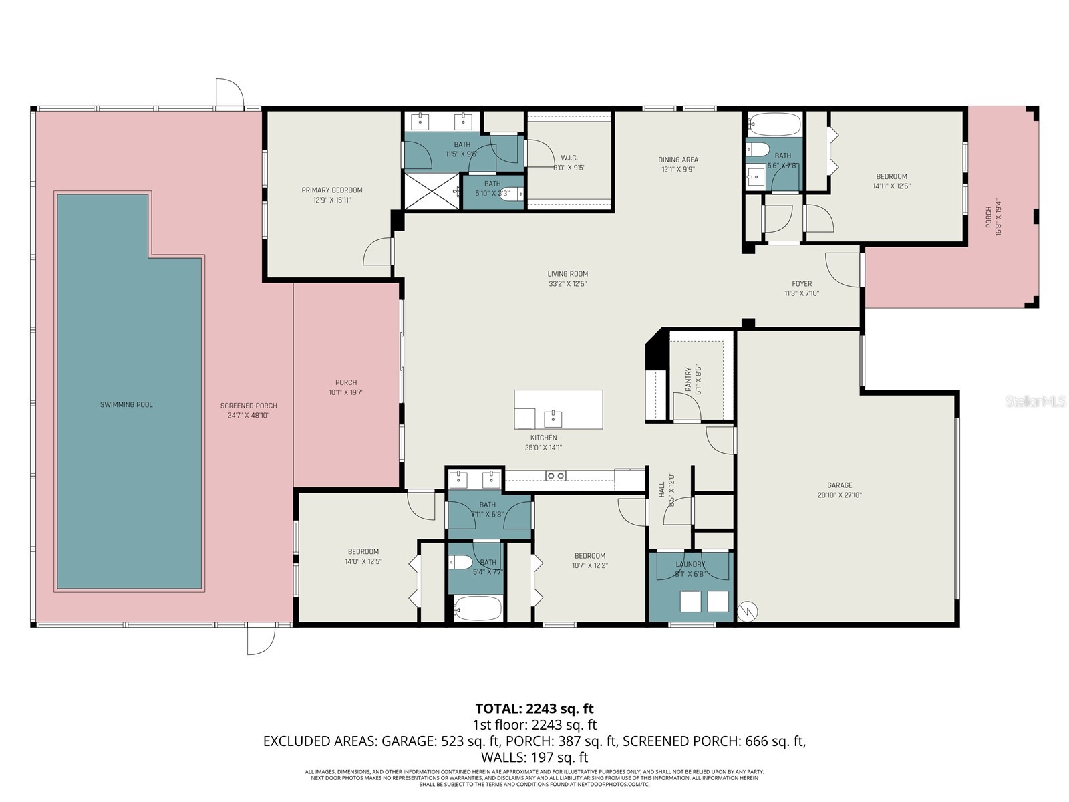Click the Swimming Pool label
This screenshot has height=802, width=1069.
126,404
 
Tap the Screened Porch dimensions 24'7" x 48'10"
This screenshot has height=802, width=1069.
249,416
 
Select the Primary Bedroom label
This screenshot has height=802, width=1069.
331,190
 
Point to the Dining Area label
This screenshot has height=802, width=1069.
678,160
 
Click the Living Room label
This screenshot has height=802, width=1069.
567,274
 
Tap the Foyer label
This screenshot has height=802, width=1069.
802,284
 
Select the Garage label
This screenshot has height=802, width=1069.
839,485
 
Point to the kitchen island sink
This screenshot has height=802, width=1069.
553,419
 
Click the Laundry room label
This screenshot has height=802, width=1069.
690,565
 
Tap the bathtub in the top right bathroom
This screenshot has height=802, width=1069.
774,124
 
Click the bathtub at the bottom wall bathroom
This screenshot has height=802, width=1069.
477,609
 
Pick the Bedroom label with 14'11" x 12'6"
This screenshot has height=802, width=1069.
891,177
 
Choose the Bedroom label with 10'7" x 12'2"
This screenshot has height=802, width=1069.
589,556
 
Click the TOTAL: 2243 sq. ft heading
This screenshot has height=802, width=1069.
534,708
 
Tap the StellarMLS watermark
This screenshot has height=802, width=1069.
1036,402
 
